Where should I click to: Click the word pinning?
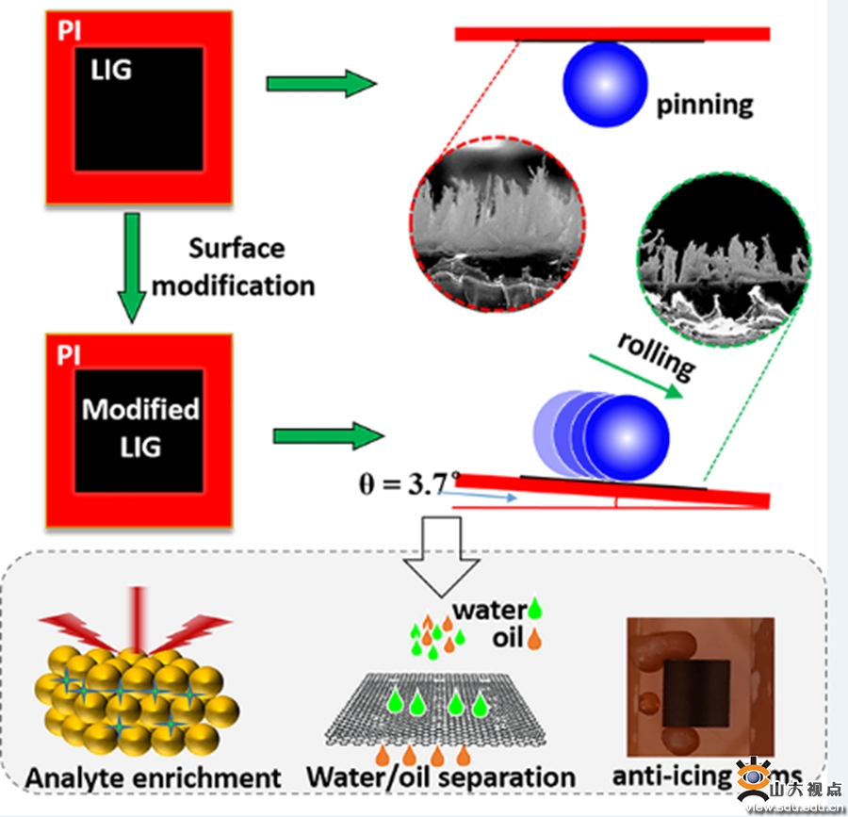705,103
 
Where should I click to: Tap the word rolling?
658,354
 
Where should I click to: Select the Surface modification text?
235,266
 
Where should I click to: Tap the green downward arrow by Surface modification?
136,270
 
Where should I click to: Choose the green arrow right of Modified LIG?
329,436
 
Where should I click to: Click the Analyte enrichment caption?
154,777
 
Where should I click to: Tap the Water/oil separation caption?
440,777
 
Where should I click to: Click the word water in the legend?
487,610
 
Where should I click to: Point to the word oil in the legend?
507,638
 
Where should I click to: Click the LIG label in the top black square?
111,68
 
